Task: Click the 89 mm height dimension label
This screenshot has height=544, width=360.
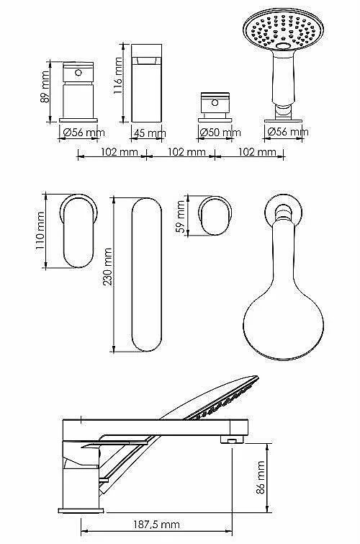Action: [x=45, y=86]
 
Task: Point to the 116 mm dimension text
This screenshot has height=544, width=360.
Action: [x=118, y=76]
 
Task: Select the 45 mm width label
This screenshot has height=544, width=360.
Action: [x=150, y=133]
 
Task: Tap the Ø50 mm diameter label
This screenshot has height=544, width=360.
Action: [x=220, y=132]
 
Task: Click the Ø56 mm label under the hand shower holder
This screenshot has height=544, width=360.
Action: [x=288, y=132]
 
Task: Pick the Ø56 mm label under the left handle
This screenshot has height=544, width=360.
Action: [x=84, y=132]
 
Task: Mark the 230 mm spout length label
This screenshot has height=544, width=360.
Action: [x=107, y=267]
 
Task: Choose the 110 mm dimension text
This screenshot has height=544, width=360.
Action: [x=40, y=231]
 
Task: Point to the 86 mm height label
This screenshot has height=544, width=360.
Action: [x=260, y=477]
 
